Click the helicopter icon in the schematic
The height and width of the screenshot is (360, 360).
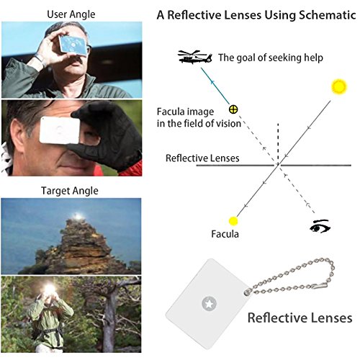(195, 57)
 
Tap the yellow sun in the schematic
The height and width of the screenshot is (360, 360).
(339, 86)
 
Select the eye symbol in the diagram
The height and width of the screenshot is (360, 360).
(320, 226)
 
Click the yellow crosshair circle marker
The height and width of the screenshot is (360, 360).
(233, 109)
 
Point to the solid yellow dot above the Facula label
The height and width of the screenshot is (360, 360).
(233, 221)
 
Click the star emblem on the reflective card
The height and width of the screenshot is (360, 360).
(210, 304)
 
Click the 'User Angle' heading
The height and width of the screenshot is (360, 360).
(71, 14)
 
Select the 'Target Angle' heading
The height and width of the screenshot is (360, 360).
(70, 191)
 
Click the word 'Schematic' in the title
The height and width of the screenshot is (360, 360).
(328, 15)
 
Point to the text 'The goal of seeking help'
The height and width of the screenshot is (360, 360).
(271, 58)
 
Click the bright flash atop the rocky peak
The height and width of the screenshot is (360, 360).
(78, 217)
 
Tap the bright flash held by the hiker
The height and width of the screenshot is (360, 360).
(50, 289)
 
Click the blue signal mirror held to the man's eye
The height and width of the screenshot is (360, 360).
(73, 45)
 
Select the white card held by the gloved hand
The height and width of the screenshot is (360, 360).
(60, 130)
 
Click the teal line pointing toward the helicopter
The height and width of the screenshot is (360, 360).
(215, 86)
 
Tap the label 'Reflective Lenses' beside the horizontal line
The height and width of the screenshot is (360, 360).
(202, 158)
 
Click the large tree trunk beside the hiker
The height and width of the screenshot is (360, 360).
(109, 319)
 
